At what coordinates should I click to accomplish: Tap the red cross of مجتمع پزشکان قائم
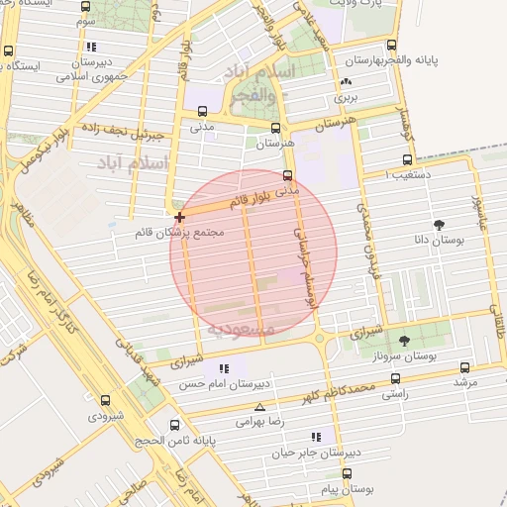tap(179, 217)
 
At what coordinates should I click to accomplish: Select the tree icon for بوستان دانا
tap(439, 224)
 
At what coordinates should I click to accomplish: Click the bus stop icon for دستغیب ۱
tap(407, 159)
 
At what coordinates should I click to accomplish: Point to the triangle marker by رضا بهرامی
tap(259, 407)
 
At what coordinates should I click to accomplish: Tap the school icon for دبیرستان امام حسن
tap(225, 369)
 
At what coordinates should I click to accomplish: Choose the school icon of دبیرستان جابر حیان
tap(316, 437)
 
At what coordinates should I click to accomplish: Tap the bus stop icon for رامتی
tap(396, 378)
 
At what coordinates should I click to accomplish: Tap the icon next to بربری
tap(346, 83)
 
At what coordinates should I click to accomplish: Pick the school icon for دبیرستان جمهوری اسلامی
tap(91, 47)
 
